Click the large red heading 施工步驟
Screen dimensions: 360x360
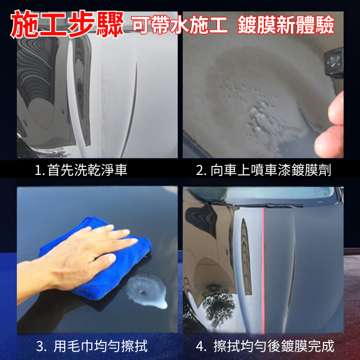(x=67, y=24)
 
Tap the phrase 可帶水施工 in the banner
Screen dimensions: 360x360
(x=180, y=25)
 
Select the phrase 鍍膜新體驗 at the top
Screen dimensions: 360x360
(x=286, y=25)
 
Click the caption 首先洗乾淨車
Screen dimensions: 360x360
(x=87, y=170)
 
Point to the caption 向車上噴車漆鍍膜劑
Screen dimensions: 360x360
(x=271, y=170)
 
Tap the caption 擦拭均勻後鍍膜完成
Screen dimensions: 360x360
(x=274, y=346)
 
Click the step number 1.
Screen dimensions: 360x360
(x=39, y=170)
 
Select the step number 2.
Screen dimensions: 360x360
(x=201, y=170)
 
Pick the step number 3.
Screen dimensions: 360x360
(x=41, y=346)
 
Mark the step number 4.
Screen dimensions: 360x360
(x=201, y=346)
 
